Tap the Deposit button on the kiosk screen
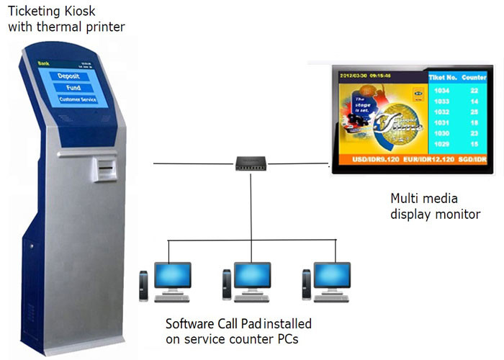click(73, 76)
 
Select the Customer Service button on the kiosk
click(77, 99)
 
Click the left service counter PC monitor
click(173, 274)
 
